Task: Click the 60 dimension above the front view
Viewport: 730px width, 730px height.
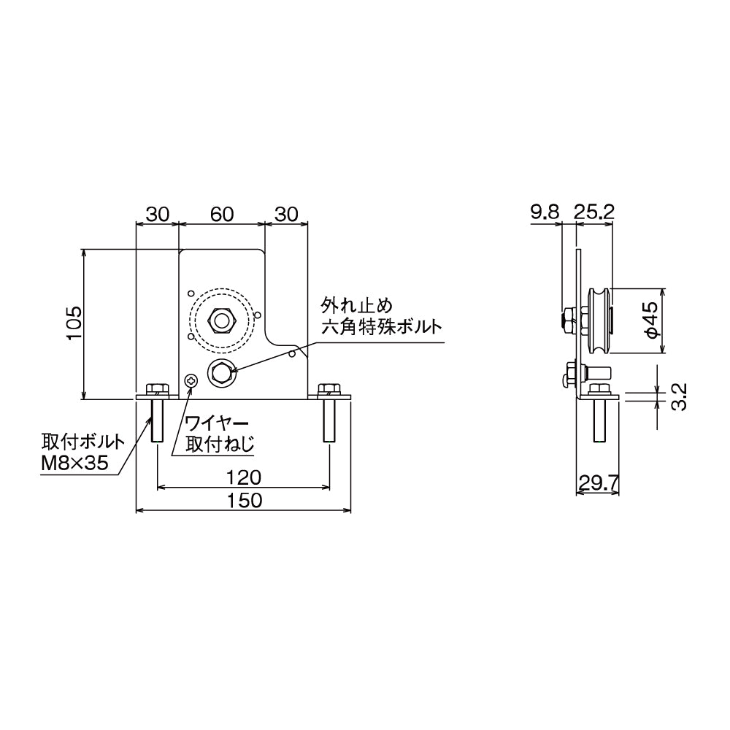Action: (222, 214)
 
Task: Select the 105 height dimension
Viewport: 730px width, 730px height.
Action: (73, 323)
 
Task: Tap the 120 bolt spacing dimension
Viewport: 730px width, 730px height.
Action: (243, 478)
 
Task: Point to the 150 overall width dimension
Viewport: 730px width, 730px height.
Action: (243, 501)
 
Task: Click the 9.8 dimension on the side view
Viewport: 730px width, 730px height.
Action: (544, 212)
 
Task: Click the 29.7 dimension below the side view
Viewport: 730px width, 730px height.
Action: (599, 482)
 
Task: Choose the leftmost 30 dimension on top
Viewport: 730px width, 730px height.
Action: (158, 214)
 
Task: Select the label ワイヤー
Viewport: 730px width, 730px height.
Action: (218, 423)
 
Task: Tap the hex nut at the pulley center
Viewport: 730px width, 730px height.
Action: (220, 319)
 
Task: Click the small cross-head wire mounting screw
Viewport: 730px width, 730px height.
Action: (191, 380)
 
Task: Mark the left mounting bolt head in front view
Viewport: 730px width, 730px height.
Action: (156, 388)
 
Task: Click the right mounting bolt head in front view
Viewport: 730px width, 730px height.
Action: (329, 388)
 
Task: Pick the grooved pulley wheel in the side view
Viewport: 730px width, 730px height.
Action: (599, 320)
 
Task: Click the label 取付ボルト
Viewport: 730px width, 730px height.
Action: (82, 442)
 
